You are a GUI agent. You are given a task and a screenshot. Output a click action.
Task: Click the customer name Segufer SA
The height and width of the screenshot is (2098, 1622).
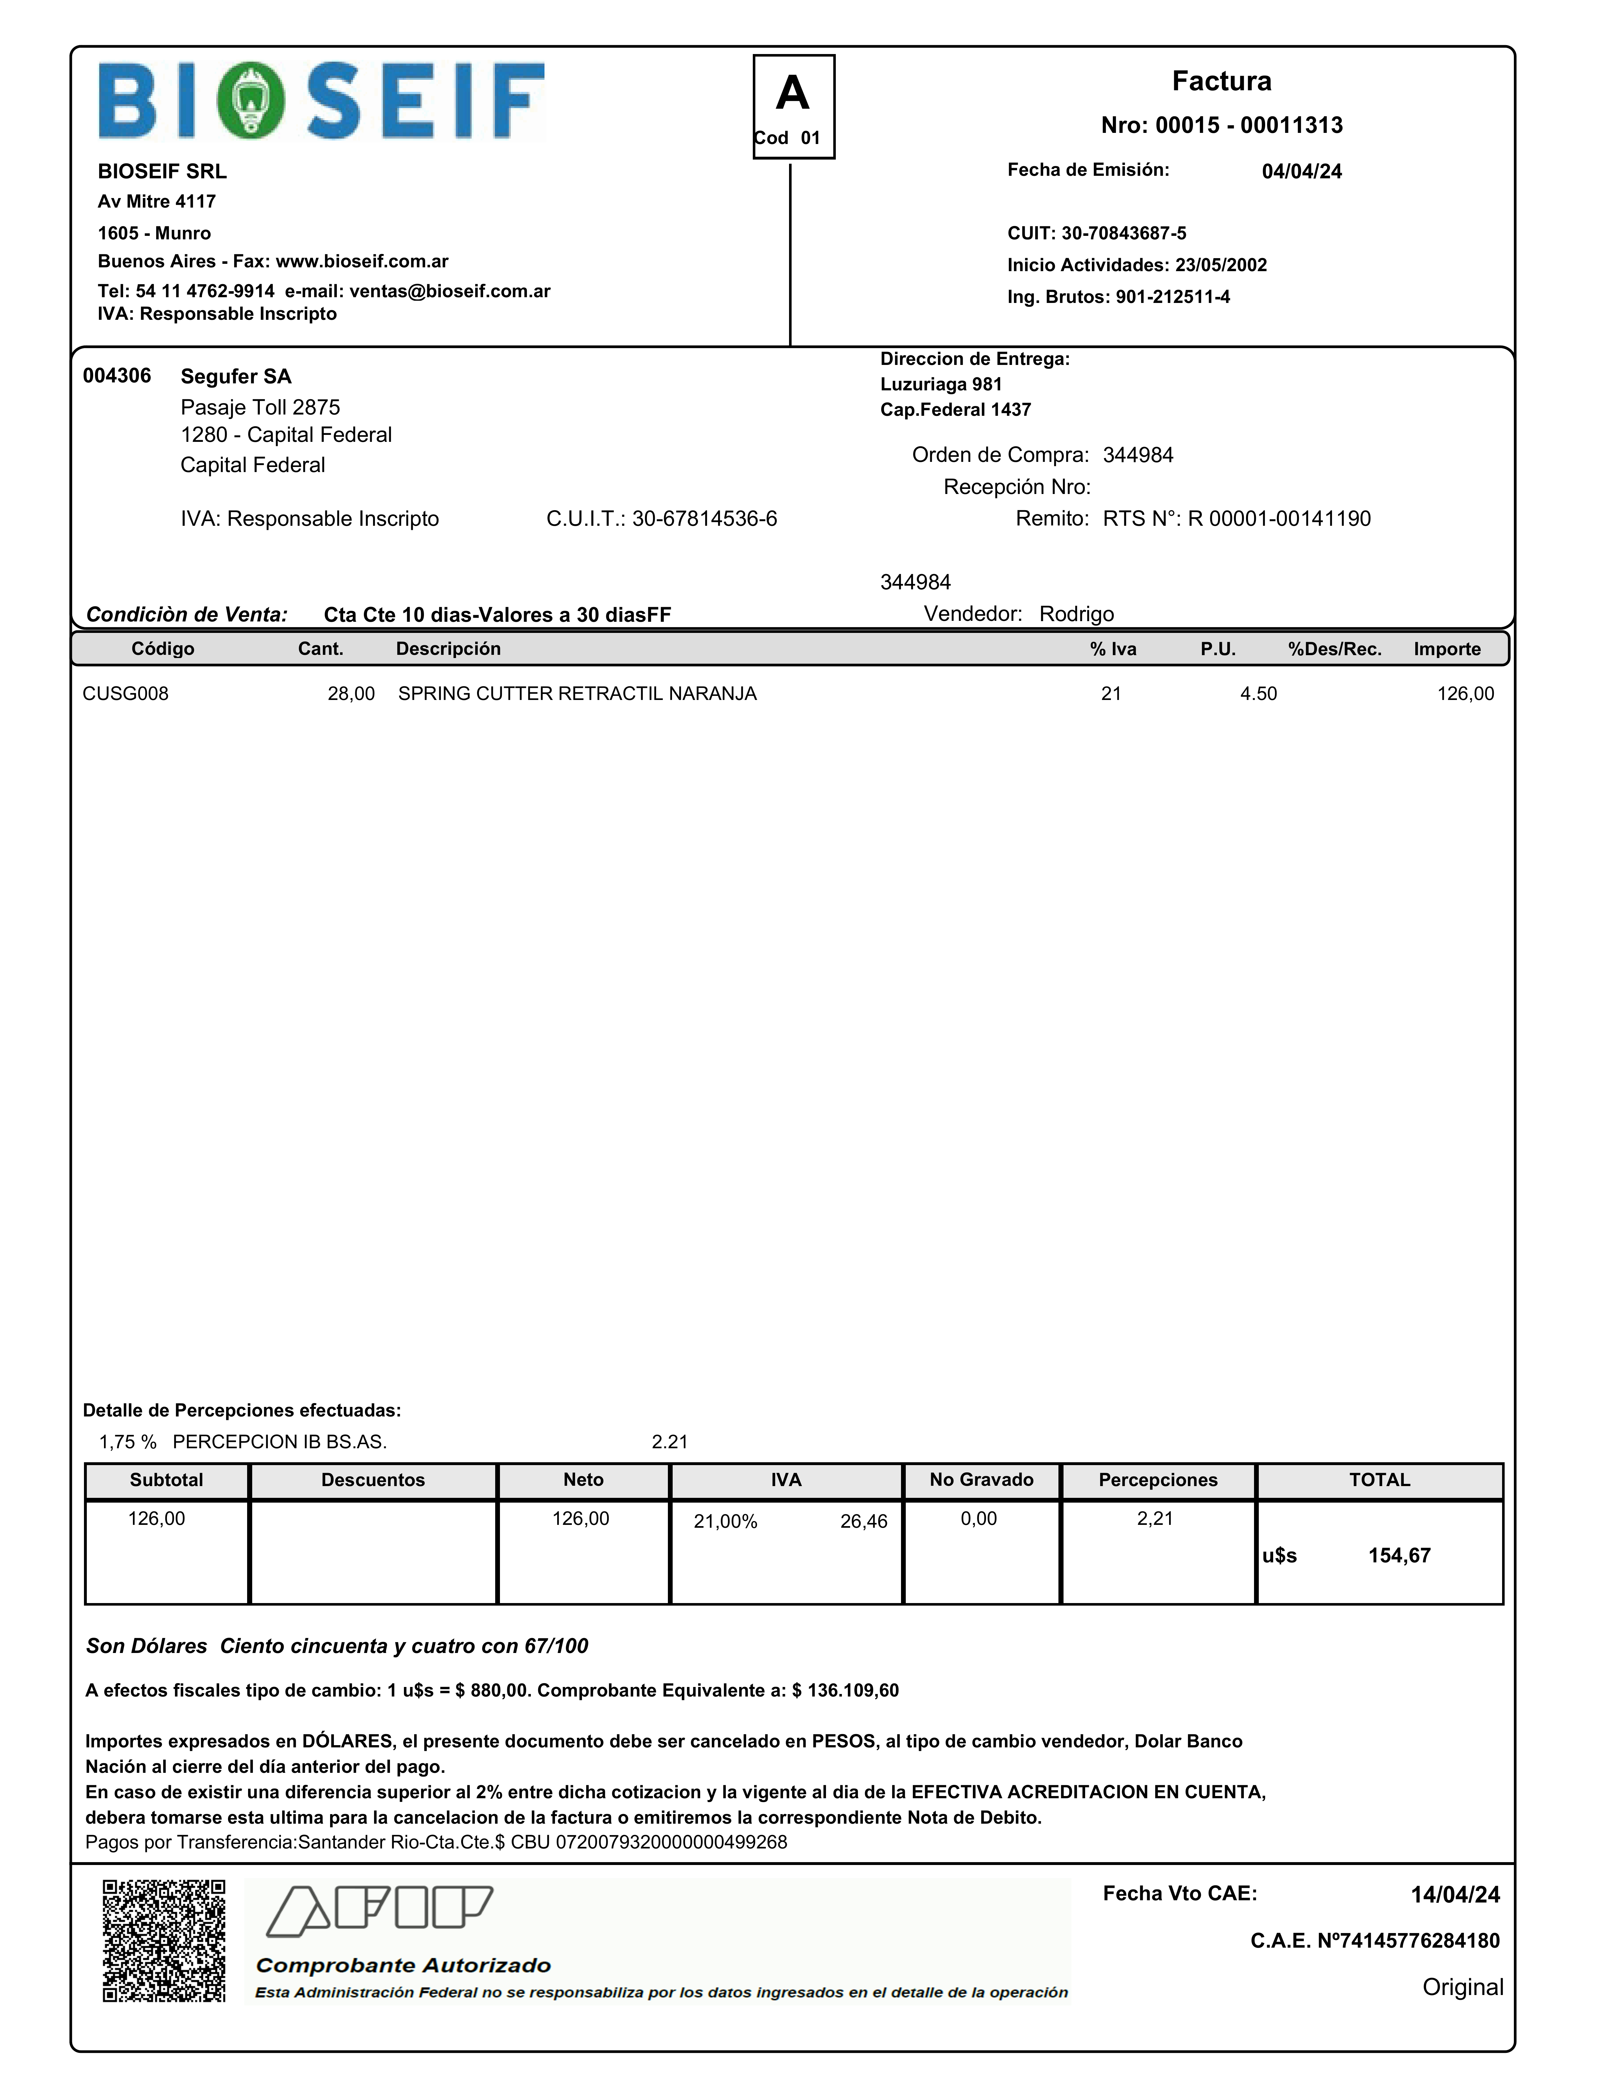coord(235,377)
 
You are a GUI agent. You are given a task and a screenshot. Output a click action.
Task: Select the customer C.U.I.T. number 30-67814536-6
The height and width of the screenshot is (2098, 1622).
coord(704,519)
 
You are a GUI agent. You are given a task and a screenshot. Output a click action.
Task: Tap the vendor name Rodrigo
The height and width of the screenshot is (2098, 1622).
coord(1076,614)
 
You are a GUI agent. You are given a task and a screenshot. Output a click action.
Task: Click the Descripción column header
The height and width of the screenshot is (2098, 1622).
coord(448,648)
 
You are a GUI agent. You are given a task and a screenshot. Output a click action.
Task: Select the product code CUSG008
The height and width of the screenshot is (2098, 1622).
coord(125,694)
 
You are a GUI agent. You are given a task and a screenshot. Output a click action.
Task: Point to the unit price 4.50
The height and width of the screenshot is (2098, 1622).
coord(1258,694)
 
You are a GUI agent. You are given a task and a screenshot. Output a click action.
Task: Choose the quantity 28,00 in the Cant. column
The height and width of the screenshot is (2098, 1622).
coord(351,694)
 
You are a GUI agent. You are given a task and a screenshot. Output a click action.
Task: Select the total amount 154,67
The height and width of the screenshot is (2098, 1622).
coord(1399,1555)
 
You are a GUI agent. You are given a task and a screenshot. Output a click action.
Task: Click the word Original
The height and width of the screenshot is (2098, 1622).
coord(1462,1986)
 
